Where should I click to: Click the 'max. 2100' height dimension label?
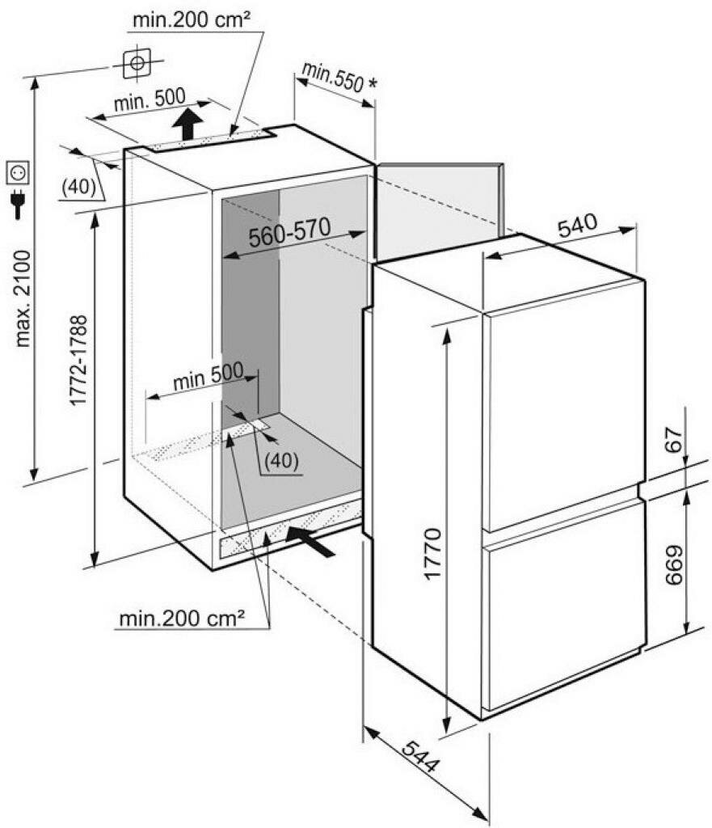[23, 298]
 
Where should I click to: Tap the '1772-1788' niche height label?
[78, 360]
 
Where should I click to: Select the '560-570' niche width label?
[290, 232]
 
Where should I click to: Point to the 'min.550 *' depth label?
[340, 78]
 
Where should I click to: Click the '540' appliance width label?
[577, 226]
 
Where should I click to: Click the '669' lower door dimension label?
[674, 564]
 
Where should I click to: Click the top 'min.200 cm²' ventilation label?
[191, 20]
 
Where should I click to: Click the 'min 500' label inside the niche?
[208, 375]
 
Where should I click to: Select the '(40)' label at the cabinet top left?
[78, 187]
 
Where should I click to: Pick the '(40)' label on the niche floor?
[281, 461]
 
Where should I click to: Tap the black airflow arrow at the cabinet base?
[310, 542]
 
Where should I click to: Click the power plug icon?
[19, 204]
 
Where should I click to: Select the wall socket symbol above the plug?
[18, 172]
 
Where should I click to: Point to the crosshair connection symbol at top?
[137, 63]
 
